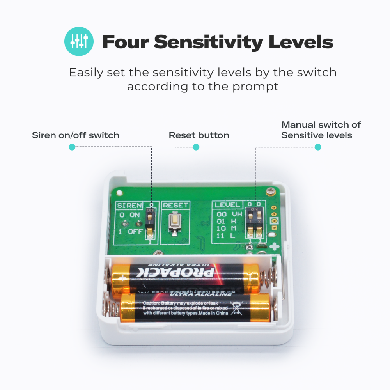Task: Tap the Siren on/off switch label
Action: (75, 135)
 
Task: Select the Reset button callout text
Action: (199, 135)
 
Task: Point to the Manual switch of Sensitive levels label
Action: (321, 130)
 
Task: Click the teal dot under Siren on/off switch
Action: (71, 147)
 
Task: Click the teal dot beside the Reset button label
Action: (196, 147)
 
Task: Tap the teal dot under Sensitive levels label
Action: (318, 147)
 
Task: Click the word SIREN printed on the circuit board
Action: (130, 205)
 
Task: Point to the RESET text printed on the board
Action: (175, 205)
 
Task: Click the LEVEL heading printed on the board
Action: (227, 205)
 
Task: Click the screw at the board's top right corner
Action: (270, 191)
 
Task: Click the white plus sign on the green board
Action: (275, 247)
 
